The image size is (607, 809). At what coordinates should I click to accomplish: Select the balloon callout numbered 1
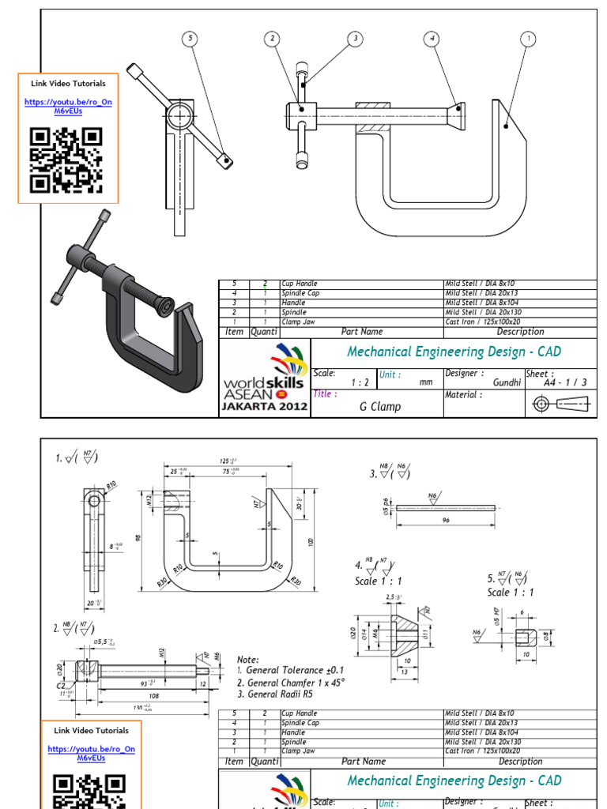click(x=527, y=38)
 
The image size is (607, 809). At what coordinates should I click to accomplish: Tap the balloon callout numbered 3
click(x=355, y=38)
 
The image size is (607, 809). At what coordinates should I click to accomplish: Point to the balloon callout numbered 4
click(x=431, y=38)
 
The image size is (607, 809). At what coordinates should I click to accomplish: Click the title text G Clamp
click(x=379, y=406)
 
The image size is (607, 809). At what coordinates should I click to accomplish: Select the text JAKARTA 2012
click(x=265, y=408)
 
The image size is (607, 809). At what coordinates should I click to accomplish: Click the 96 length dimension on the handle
click(x=445, y=521)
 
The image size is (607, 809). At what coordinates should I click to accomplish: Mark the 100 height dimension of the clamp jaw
click(x=311, y=541)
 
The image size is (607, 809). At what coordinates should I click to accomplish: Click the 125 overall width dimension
click(x=229, y=461)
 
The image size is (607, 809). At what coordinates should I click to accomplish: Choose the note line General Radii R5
click(x=288, y=694)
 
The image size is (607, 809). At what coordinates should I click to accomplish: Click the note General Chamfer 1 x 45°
click(x=292, y=683)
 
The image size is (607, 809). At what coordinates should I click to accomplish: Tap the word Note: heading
click(x=248, y=659)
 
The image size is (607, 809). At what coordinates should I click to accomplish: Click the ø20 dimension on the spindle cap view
click(x=353, y=633)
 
